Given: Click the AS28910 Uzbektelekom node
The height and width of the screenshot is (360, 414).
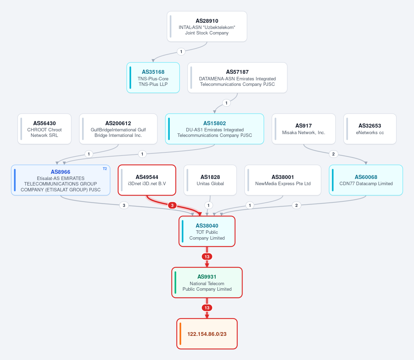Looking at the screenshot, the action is [x=207, y=27].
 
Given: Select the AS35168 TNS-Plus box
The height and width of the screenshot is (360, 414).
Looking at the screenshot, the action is [x=153, y=78].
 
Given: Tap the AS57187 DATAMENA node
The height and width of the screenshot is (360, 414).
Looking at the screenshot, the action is [x=237, y=78].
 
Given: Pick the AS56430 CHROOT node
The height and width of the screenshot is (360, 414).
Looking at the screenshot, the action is [x=44, y=129].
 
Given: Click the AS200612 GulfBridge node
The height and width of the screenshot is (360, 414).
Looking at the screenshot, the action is [x=118, y=129].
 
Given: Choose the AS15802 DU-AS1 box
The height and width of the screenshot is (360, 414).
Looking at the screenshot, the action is [x=215, y=129].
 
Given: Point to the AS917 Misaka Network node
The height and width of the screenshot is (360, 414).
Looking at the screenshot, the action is [x=304, y=129].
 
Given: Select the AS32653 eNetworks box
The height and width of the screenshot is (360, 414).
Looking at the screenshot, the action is [x=370, y=129].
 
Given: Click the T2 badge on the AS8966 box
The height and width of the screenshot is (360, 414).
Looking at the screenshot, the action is [x=105, y=169].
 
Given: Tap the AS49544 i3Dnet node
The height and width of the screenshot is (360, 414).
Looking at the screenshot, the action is [x=147, y=180].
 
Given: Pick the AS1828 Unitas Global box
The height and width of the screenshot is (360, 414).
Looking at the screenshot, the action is [x=210, y=180].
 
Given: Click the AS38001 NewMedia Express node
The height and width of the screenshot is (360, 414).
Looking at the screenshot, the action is [x=283, y=180].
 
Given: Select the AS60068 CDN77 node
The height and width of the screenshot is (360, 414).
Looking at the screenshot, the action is [x=366, y=180].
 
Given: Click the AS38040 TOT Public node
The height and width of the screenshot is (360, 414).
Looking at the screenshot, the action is [x=207, y=231].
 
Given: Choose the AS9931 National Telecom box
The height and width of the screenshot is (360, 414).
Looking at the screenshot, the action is [x=207, y=282].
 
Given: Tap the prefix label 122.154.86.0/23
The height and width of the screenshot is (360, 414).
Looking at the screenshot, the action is [x=207, y=334].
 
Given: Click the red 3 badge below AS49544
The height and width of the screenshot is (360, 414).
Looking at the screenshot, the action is [x=172, y=205].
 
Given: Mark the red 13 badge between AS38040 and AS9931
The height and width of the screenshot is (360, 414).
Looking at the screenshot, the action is [x=207, y=257].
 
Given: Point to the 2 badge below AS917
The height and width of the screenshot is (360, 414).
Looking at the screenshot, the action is [x=334, y=154].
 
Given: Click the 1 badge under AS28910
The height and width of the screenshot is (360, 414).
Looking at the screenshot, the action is [x=181, y=52].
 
